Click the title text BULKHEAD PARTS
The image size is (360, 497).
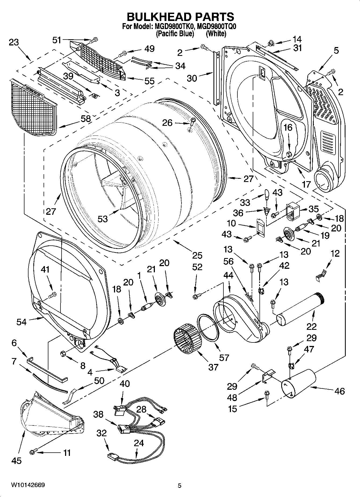point(180,17)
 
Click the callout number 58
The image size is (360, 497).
point(86,119)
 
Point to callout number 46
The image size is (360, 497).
point(340,391)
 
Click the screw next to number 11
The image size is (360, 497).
point(33,452)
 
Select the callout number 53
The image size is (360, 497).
point(103,219)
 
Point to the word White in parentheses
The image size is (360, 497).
point(216,34)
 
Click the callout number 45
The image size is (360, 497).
point(16,461)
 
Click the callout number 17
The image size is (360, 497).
point(306,184)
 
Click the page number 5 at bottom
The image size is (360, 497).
point(180,486)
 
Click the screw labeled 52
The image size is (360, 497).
point(196,297)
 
